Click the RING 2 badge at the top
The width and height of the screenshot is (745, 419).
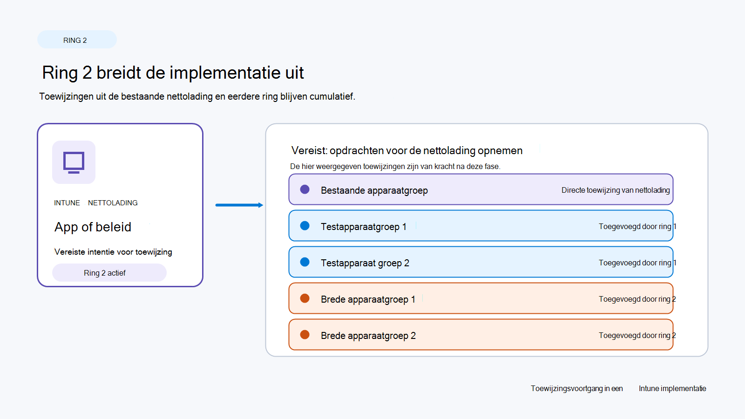point(77,40)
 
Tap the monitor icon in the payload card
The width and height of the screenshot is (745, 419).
point(74,162)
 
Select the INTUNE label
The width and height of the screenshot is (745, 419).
point(67,203)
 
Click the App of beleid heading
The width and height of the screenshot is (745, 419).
point(93,227)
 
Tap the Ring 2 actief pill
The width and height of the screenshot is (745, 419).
point(109,273)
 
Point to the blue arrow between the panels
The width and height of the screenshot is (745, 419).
point(239,205)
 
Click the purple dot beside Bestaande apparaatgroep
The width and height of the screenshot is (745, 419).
point(305,189)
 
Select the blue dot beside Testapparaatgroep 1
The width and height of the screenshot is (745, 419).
point(305,226)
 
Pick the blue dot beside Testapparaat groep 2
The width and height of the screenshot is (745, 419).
point(305,262)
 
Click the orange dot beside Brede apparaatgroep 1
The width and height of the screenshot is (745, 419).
point(305,298)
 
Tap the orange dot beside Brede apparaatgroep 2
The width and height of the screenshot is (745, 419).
point(305,335)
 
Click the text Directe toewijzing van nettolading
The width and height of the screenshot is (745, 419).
point(616,190)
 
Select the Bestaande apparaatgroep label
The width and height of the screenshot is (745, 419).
point(374,190)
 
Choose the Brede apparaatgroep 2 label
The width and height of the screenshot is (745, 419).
point(368,336)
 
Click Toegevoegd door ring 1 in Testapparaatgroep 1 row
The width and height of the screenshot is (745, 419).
point(637,226)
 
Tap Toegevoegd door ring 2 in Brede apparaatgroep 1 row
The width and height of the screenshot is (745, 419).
point(637,299)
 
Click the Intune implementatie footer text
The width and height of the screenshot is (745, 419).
point(672,388)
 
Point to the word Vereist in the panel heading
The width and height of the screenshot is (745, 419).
point(309,151)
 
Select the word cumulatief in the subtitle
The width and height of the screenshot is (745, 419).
point(332,96)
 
